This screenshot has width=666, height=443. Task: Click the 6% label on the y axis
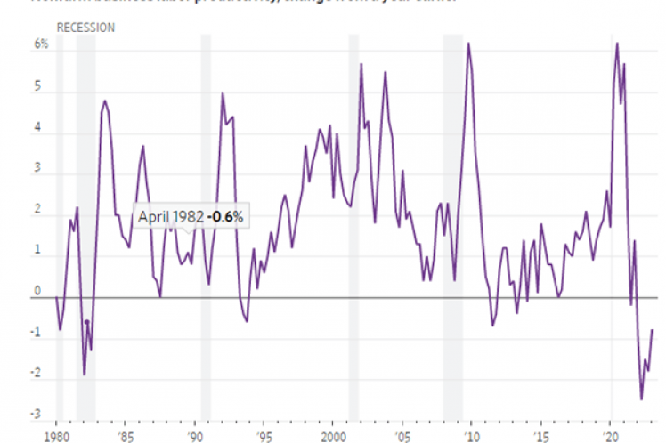(x=41, y=44)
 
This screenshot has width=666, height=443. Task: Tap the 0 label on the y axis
(x=37, y=291)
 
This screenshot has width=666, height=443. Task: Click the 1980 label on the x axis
(x=56, y=436)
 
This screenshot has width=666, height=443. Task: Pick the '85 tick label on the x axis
(x=125, y=436)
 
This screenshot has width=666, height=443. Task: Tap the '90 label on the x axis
(x=194, y=436)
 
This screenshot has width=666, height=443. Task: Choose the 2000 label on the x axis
(x=331, y=436)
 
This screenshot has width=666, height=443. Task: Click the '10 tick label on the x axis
(x=472, y=436)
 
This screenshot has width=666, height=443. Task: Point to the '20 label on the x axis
(x=611, y=436)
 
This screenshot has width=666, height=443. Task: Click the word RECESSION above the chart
(x=85, y=28)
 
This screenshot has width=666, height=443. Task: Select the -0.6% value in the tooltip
(x=227, y=217)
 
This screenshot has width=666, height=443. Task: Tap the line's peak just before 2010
(x=468, y=43)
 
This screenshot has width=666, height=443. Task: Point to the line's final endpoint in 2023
(x=653, y=330)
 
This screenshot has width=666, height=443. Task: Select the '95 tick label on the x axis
(x=264, y=436)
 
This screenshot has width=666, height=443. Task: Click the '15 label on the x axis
(x=541, y=436)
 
